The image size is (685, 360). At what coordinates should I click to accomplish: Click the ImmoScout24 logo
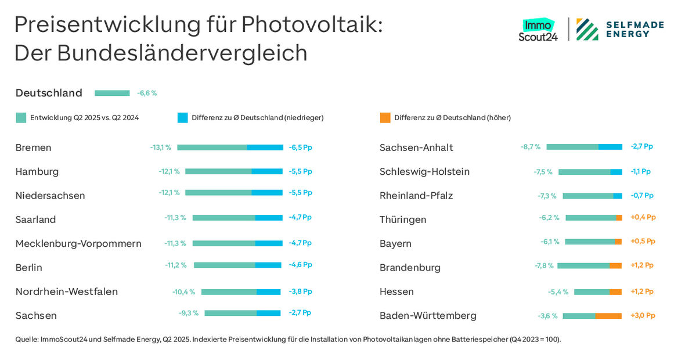click(x=538, y=30)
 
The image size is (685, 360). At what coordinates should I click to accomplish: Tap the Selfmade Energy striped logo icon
click(x=587, y=30)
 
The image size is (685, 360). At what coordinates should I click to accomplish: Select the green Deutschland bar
click(x=112, y=93)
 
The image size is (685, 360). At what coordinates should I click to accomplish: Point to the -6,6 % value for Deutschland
click(x=147, y=93)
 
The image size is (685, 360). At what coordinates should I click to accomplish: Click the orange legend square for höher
click(x=385, y=118)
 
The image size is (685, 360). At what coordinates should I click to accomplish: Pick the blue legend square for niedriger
click(x=182, y=118)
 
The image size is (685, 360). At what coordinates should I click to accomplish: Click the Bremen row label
click(x=33, y=147)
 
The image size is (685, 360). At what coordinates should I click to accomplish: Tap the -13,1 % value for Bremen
click(x=160, y=147)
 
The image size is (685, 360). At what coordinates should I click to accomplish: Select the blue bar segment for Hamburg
click(x=267, y=172)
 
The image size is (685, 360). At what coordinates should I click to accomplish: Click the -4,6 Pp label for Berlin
click(x=300, y=265)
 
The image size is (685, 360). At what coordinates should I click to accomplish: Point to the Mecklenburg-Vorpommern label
click(x=78, y=243)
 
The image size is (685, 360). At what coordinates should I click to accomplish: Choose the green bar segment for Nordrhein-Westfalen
click(x=229, y=291)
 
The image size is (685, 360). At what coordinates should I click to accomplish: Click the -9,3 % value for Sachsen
click(x=189, y=313)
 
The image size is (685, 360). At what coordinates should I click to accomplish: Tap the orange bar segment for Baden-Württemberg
click(x=608, y=316)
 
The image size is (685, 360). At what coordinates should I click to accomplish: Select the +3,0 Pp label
click(x=643, y=315)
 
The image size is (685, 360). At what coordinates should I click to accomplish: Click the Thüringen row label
click(x=403, y=219)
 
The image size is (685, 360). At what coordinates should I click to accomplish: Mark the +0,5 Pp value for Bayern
click(x=643, y=241)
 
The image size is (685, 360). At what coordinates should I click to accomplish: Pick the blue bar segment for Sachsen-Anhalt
click(x=610, y=147)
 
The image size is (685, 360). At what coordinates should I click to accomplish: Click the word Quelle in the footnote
click(x=27, y=339)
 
